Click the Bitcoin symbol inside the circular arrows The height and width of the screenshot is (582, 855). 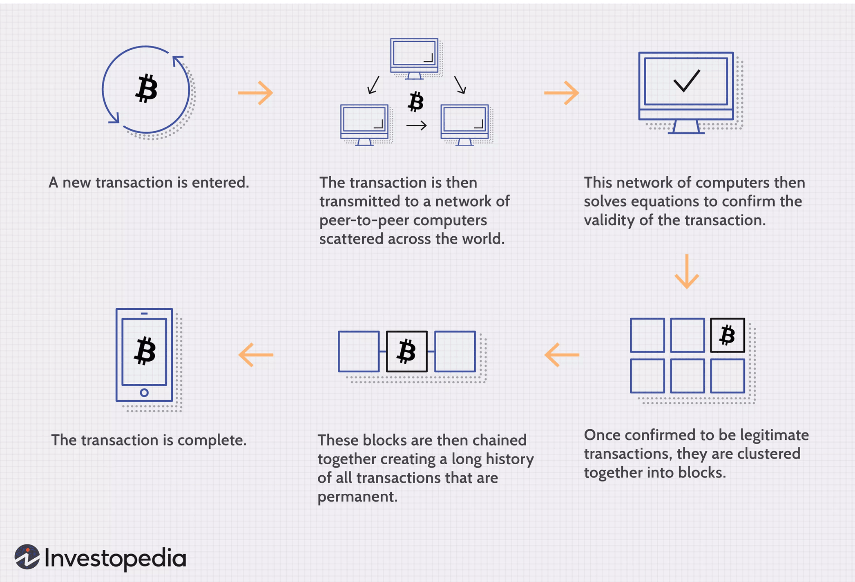click(146, 88)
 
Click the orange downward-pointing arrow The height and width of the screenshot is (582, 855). click(687, 271)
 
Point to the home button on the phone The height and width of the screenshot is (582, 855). click(144, 393)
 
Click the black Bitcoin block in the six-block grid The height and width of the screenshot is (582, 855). click(727, 335)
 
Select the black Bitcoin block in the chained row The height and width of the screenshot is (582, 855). click(407, 351)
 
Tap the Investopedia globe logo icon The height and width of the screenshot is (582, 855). click(27, 557)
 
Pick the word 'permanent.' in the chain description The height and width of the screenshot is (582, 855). click(357, 497)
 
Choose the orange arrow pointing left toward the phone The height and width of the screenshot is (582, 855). click(256, 354)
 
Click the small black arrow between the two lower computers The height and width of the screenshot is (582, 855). click(416, 125)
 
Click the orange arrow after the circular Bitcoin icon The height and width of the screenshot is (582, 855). click(256, 93)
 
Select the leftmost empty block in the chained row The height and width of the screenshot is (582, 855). click(359, 351)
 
